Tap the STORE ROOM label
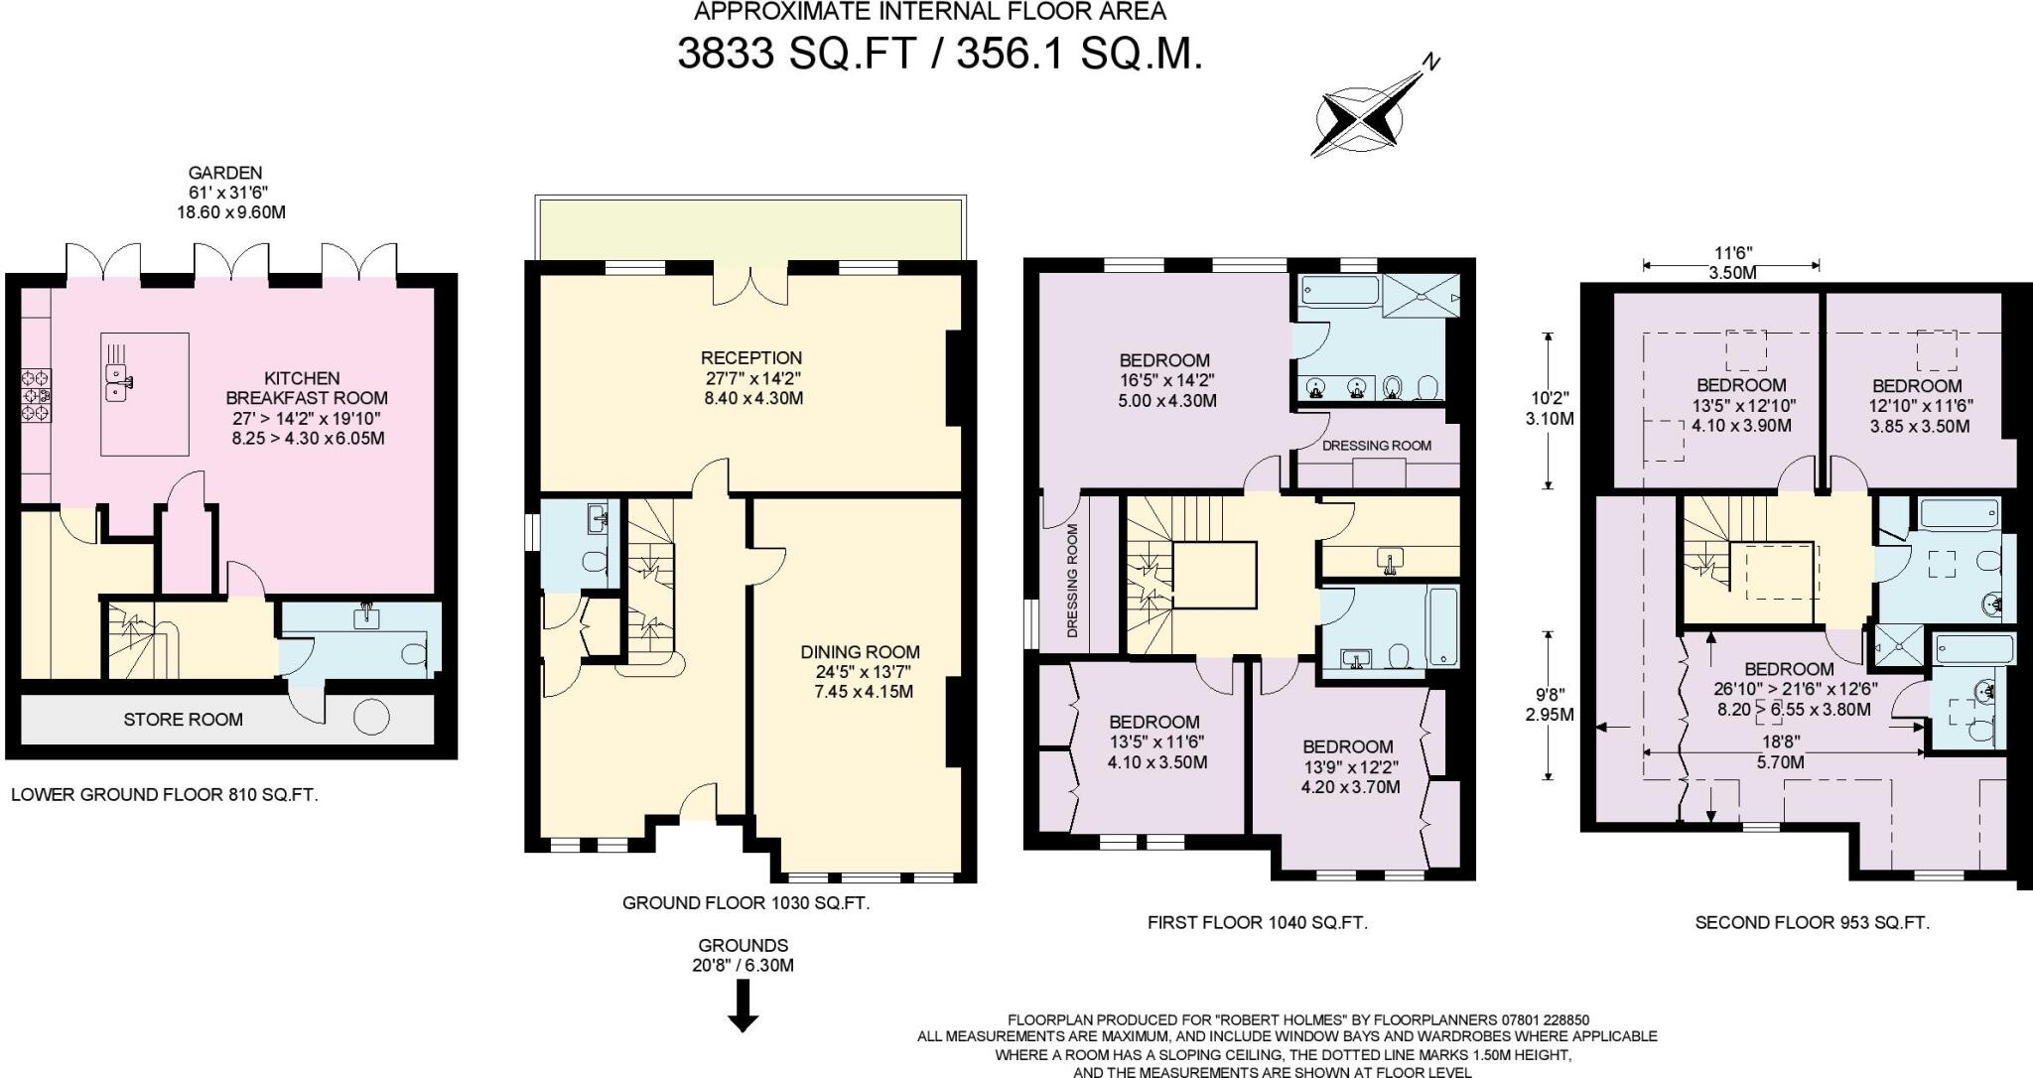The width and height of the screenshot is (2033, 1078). point(183,720)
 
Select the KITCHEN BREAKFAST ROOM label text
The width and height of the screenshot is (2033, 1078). point(302,388)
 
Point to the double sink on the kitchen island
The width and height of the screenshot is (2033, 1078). point(120,379)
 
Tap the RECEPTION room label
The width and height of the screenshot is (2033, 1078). point(750,358)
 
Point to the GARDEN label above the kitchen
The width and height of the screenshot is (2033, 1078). point(224,173)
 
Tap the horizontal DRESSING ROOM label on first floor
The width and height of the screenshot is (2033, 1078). point(1376,446)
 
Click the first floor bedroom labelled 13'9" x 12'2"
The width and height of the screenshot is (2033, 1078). point(1349,766)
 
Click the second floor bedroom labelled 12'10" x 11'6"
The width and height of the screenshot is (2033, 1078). point(1916,405)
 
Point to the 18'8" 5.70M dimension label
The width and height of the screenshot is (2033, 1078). point(1781,752)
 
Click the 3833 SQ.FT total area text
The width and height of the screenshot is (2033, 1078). point(794,53)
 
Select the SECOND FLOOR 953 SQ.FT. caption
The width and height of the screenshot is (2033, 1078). point(1812,922)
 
